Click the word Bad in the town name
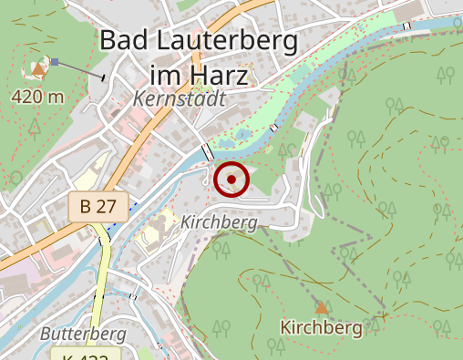(123, 41)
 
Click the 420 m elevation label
(37, 97)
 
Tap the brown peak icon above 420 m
(38, 67)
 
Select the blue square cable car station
(56, 62)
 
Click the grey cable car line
(79, 69)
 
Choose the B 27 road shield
(97, 206)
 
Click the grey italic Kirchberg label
(219, 221)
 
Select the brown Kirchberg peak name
(321, 326)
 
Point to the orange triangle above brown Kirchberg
(321, 306)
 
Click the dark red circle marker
(232, 180)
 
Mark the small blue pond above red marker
(242, 138)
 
